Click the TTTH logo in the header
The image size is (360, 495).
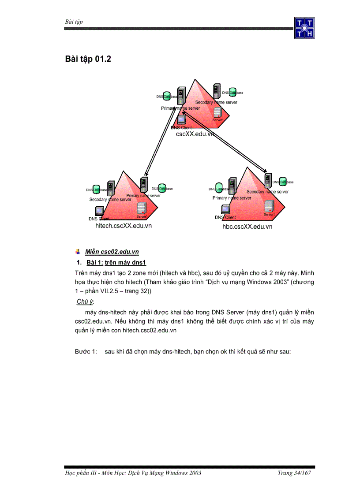coord(304,27)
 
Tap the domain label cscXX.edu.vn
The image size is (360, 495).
coord(195,134)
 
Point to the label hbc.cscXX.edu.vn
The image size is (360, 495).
coord(247,227)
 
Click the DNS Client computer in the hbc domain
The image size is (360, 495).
coord(225,210)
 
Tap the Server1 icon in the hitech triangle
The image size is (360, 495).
coord(141,208)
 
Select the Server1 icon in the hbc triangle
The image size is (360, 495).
coord(269,206)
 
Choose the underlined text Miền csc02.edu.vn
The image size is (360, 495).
coord(112,252)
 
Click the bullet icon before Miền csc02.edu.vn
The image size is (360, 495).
coord(78,252)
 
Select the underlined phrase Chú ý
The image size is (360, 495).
coord(85,301)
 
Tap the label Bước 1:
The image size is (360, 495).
coord(86,352)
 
